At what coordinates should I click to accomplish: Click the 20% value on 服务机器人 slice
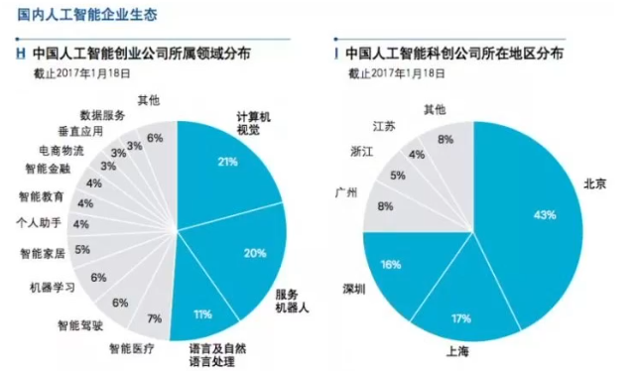pos(255,253)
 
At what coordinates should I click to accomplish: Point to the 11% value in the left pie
pos(202,314)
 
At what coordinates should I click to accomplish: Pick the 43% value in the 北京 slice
pos(543,214)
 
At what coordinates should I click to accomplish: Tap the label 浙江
pos(362,152)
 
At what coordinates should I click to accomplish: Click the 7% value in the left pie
pos(154,318)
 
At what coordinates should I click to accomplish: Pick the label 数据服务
pos(102,115)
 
